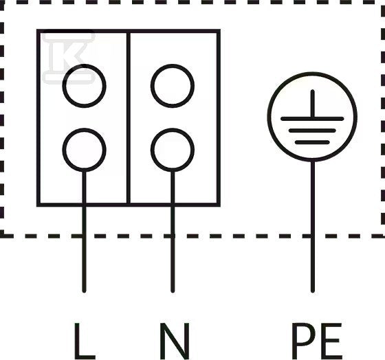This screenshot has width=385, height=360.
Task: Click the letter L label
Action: point(85,341)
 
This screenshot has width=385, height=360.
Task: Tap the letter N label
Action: point(175,341)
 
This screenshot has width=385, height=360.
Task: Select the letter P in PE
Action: point(303,341)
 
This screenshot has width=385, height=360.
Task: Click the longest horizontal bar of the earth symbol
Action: point(312,119)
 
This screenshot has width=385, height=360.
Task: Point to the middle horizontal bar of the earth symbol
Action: point(312,131)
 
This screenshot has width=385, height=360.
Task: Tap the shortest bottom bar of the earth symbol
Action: point(312,142)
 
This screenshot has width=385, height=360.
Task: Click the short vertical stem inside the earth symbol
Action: point(313,103)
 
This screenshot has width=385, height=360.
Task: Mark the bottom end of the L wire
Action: point(84,292)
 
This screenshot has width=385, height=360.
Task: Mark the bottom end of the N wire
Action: point(173,292)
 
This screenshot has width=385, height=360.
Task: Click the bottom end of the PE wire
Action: point(313,292)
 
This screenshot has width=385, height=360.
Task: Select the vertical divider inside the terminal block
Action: point(129,118)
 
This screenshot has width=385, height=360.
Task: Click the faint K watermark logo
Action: point(68,57)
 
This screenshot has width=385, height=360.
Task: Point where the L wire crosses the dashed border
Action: point(84,236)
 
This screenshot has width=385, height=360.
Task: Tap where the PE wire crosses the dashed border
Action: point(313,236)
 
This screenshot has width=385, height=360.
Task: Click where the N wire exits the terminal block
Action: point(173,205)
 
